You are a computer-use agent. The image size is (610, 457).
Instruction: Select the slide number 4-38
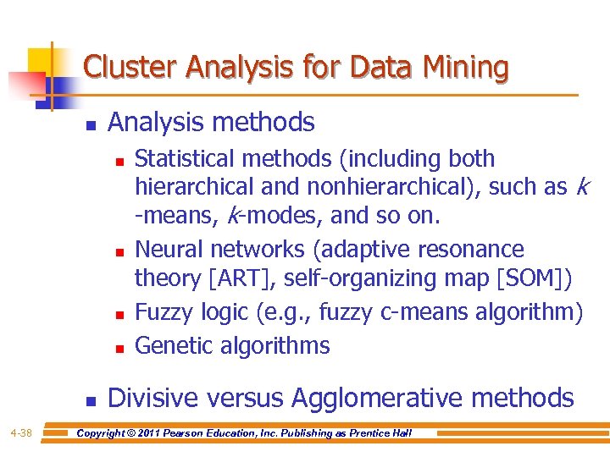(21, 434)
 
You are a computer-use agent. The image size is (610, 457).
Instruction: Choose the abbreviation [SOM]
(534, 278)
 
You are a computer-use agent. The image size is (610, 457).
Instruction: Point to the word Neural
(169, 250)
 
